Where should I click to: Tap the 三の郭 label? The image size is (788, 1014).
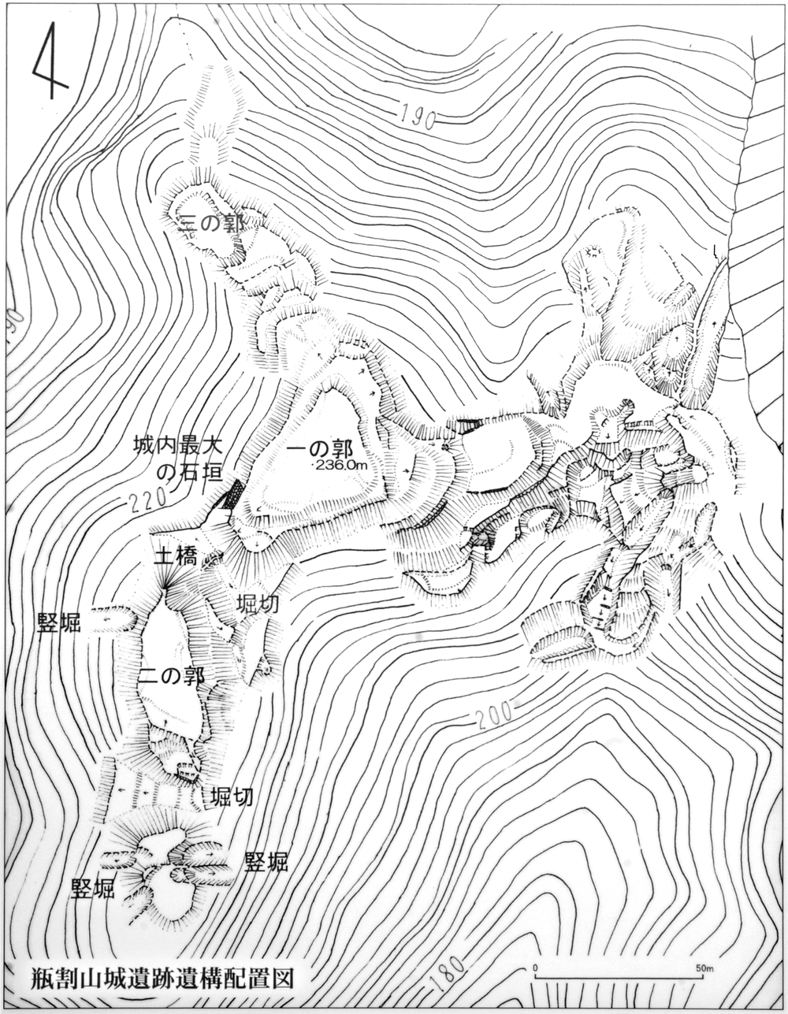click(x=211, y=224)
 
